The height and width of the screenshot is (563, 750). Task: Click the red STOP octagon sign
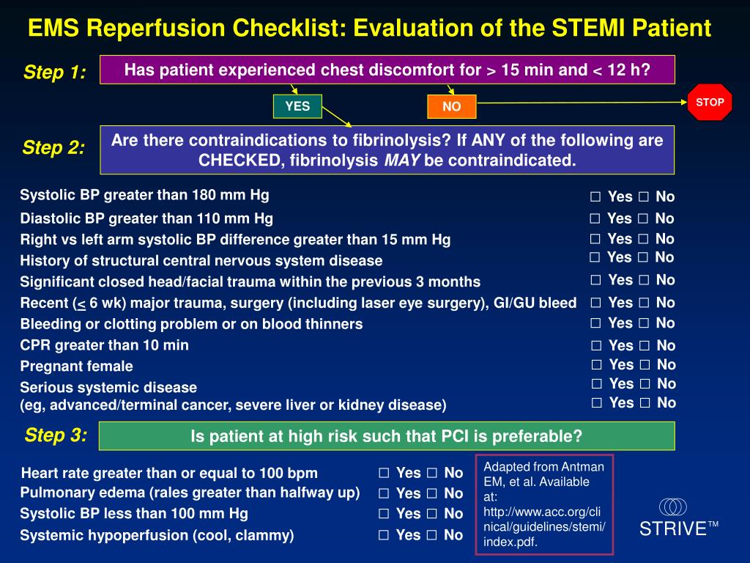pyautogui.click(x=709, y=103)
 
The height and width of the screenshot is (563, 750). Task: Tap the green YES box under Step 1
pyautogui.click(x=297, y=106)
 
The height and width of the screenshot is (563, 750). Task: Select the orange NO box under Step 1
pyautogui.click(x=452, y=107)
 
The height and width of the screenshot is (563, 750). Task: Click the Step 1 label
pyautogui.click(x=55, y=73)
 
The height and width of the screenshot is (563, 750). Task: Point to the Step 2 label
pyautogui.click(x=53, y=148)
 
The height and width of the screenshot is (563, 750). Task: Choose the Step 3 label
pyautogui.click(x=56, y=435)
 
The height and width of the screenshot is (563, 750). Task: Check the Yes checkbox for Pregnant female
pyautogui.click(x=597, y=365)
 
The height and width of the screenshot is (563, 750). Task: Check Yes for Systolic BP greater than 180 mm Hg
pyautogui.click(x=595, y=196)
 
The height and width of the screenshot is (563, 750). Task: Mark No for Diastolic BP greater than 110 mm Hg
pyautogui.click(x=643, y=218)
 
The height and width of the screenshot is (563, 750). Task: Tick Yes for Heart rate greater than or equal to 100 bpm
pyautogui.click(x=384, y=473)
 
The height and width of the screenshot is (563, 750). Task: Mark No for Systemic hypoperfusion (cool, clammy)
pyautogui.click(x=431, y=535)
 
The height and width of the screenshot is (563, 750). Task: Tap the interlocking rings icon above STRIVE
pyautogui.click(x=673, y=507)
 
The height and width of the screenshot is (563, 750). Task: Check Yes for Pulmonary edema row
pyautogui.click(x=384, y=493)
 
